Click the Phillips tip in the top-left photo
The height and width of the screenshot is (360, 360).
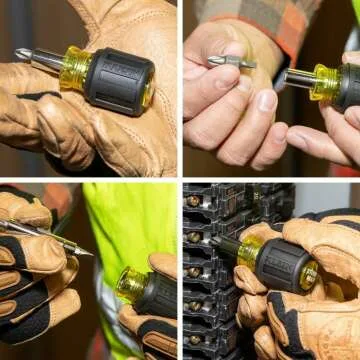(x=20, y=53)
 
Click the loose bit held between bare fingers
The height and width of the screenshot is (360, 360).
(x=230, y=62)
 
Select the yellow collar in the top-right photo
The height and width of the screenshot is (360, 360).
(x=326, y=83)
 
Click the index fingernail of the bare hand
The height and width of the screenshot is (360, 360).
(x=266, y=100)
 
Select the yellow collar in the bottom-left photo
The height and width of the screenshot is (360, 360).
(x=130, y=284)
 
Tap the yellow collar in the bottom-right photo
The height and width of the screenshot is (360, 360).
(x=250, y=251)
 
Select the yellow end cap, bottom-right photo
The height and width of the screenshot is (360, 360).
(x=309, y=276)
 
